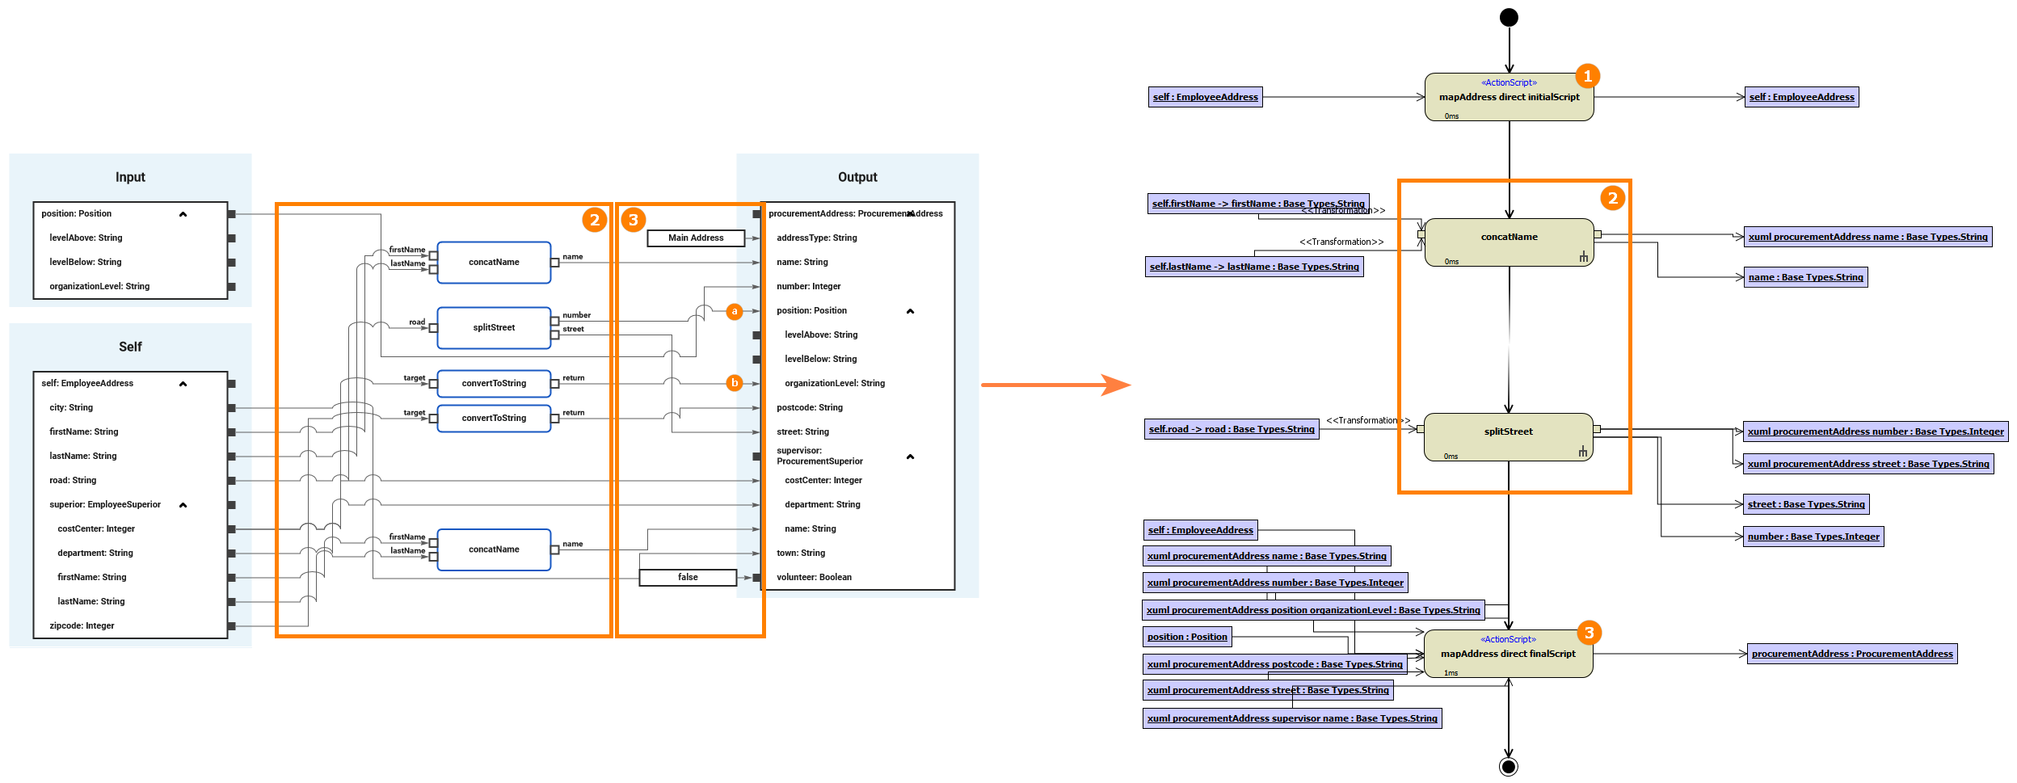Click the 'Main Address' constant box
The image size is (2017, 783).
pos(696,238)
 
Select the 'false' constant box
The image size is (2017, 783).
pos(688,577)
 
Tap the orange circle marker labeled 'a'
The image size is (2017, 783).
pos(734,311)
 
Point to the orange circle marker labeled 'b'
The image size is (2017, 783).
pos(734,383)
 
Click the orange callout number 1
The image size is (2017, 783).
pos(1587,76)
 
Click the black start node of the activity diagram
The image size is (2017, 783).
pos(1508,17)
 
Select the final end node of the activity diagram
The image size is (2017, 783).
pos(1508,766)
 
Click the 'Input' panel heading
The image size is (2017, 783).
pos(130,177)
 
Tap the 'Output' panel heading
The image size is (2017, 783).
pos(857,177)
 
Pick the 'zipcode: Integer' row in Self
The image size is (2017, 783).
pos(82,625)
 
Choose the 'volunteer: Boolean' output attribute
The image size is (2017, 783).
pos(814,577)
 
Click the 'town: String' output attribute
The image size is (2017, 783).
pos(801,553)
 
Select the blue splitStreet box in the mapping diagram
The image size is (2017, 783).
pos(494,327)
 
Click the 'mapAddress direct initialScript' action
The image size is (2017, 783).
pos(1509,97)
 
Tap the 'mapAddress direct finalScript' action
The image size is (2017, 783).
pos(1508,654)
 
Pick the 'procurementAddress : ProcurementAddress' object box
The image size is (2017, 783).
pos(1852,654)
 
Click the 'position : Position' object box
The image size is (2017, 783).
pos(1187,637)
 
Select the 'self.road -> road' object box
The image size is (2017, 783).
pos(1232,429)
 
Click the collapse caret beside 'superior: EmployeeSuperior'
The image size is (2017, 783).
pos(183,505)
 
